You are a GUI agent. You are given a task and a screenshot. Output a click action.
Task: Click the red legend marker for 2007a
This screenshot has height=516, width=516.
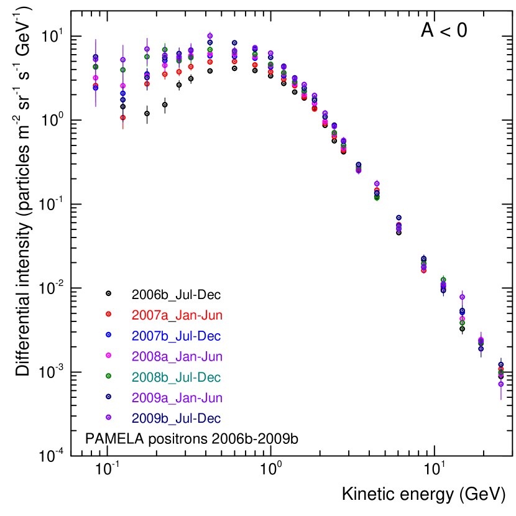tap(108, 314)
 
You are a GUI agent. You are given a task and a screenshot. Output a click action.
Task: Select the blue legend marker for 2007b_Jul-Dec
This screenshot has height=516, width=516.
tap(108, 334)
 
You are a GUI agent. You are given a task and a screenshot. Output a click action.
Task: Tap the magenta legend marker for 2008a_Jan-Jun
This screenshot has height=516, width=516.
tap(108, 355)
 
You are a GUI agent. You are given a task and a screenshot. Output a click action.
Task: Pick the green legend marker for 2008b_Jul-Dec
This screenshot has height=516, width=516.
tap(108, 375)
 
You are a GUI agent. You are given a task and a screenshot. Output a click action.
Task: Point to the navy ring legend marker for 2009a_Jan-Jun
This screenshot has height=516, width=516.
tap(108, 396)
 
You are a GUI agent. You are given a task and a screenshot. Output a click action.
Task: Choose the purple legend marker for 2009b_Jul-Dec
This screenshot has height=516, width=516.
tap(108, 417)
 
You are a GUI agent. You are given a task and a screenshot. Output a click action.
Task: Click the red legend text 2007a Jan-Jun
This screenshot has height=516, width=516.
tap(177, 315)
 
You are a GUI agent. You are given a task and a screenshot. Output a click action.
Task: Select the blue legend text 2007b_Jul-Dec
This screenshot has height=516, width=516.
tap(176, 336)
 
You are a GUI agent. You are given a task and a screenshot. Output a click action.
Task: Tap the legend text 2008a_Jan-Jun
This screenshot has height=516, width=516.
tap(177, 357)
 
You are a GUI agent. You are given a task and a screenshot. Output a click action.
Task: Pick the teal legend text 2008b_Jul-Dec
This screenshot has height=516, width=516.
tap(176, 377)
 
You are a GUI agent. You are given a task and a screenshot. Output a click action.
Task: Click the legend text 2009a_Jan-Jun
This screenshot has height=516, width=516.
tap(177, 398)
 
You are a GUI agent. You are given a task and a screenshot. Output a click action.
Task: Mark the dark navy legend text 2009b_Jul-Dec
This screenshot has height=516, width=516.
tap(176, 418)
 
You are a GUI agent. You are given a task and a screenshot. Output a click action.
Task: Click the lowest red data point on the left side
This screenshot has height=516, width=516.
tap(123, 117)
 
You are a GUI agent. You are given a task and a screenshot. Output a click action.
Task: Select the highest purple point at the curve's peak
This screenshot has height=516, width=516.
tap(210, 36)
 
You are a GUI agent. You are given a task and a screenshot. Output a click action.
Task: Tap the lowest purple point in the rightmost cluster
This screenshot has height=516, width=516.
tap(501, 384)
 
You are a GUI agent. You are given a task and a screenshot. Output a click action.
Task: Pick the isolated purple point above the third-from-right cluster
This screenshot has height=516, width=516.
tap(462, 297)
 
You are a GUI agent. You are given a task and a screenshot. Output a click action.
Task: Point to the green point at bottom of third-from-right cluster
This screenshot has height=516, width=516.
tap(462, 323)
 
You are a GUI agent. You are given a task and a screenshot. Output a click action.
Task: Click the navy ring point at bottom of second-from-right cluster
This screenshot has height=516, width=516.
tap(481, 349)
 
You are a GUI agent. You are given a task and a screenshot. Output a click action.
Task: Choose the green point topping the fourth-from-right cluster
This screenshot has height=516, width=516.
tap(443, 279)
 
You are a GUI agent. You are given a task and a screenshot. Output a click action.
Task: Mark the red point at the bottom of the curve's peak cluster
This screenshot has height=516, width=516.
tap(210, 62)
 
